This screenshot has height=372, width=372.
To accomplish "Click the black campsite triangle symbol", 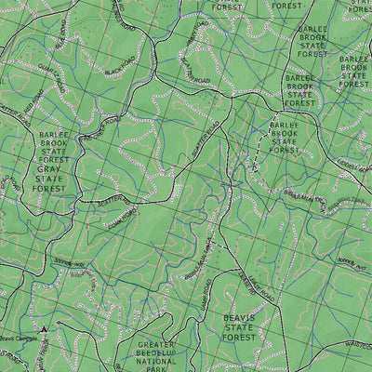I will [x=43, y=328].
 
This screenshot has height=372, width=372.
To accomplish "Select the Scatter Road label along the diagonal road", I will [x=210, y=139].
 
